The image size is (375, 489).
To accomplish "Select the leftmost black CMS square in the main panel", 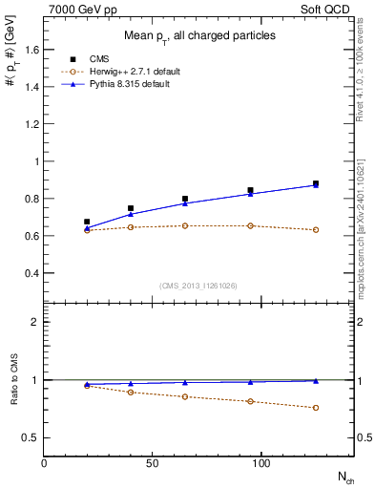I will coord(87,222).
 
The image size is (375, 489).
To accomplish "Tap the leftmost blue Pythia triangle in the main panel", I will coord(87,227).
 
